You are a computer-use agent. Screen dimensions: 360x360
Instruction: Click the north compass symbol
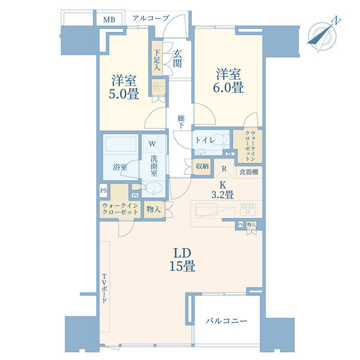pyautogui.click(x=322, y=35)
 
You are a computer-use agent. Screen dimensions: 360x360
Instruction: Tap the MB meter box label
pyautogui.click(x=109, y=20)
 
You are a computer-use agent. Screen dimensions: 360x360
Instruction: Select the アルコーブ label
pyautogui.click(x=151, y=18)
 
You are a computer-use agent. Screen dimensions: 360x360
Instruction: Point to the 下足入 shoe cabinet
pyautogui.click(x=157, y=58)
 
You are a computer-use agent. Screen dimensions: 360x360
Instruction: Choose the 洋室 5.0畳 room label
pyautogui.click(x=124, y=87)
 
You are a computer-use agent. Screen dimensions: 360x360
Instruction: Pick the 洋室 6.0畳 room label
pyautogui.click(x=228, y=81)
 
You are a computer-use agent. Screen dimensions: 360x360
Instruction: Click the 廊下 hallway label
pyautogui.click(x=181, y=121)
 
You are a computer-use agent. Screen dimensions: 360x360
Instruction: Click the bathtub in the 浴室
pyautogui.click(x=120, y=144)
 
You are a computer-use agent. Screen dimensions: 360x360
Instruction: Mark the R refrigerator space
pyautogui.click(x=224, y=169)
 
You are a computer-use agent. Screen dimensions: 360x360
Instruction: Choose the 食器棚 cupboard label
pyautogui.click(x=249, y=172)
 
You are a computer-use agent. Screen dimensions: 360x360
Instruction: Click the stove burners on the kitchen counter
pyautogui.click(x=247, y=209)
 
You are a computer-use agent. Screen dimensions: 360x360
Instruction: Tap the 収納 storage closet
pyautogui.click(x=202, y=166)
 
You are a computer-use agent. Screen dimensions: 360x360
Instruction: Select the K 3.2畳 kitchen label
pyautogui.click(x=223, y=190)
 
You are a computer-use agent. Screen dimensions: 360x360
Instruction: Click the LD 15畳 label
pyautogui.click(x=182, y=260)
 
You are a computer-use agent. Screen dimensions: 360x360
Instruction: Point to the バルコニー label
pyautogui.click(x=226, y=321)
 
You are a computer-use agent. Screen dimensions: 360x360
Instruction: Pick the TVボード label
pyautogui.click(x=105, y=289)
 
